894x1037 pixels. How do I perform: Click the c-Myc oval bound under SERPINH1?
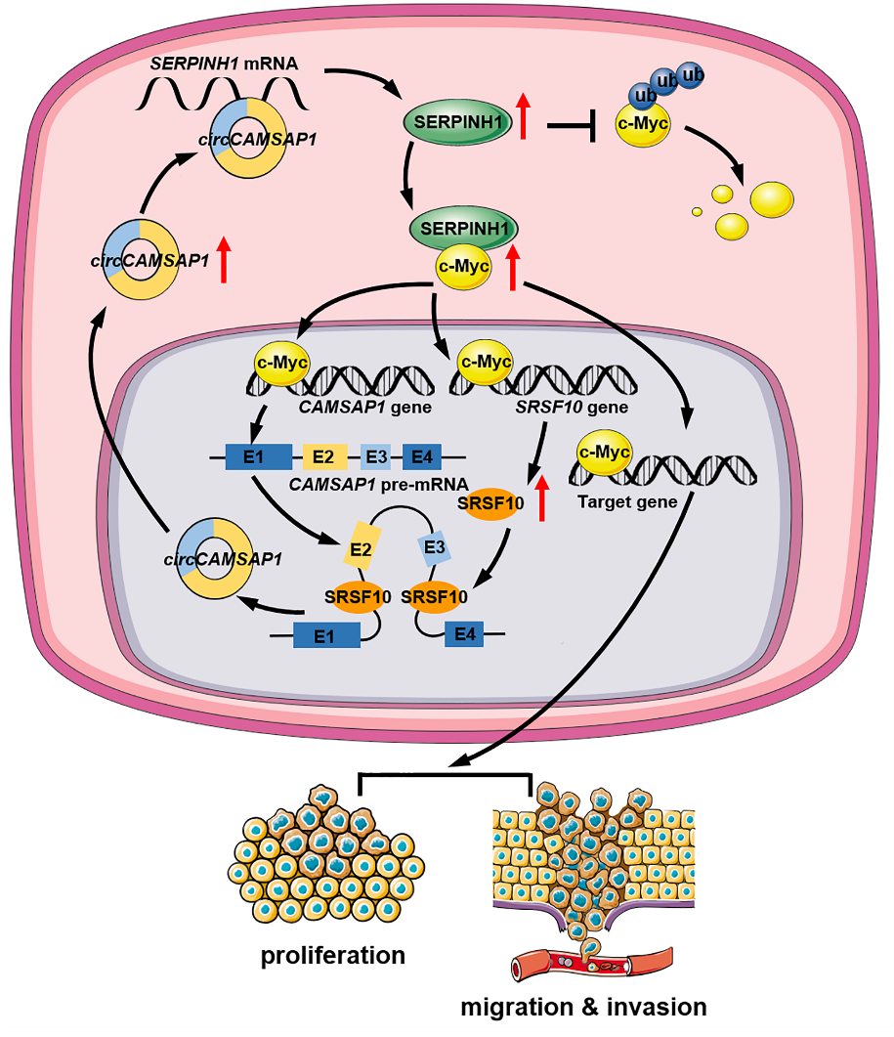(463, 267)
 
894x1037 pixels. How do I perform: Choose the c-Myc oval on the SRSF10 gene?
(486, 363)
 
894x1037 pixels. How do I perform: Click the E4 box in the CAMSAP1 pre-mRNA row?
(421, 455)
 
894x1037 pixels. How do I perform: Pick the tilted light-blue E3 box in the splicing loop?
(434, 549)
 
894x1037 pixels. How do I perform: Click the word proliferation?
(332, 955)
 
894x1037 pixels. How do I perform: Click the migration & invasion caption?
(583, 1007)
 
